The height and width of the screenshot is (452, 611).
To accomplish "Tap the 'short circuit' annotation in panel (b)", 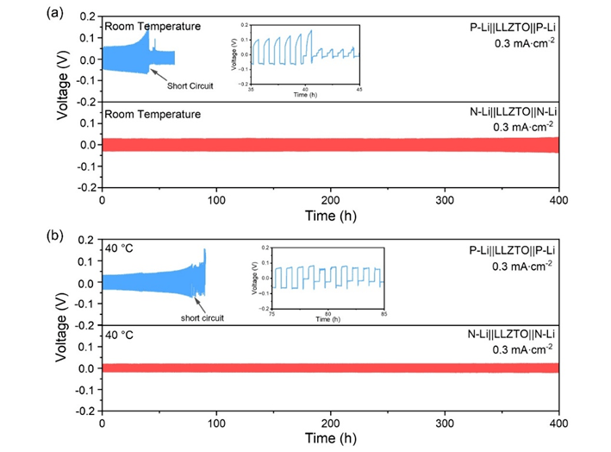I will (x=202, y=317).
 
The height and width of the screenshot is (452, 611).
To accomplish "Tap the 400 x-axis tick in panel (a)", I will (x=559, y=199).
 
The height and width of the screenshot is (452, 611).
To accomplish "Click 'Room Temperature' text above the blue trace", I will (x=153, y=26).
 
